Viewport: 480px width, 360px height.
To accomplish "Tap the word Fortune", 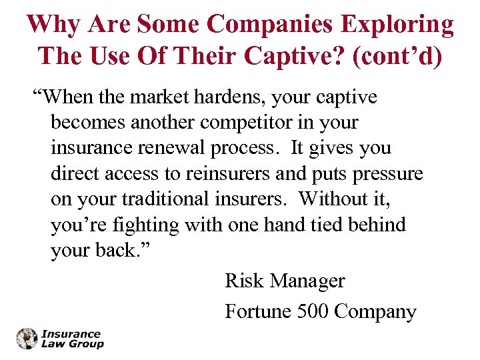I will [256, 311].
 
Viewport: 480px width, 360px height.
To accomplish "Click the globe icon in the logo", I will [27, 339].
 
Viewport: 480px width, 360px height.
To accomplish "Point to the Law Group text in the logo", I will [73, 344].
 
